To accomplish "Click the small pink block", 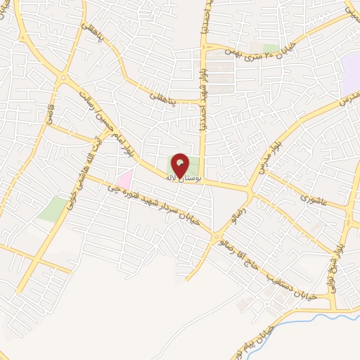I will click(124, 179).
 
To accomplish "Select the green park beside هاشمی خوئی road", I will click(51, 209).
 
